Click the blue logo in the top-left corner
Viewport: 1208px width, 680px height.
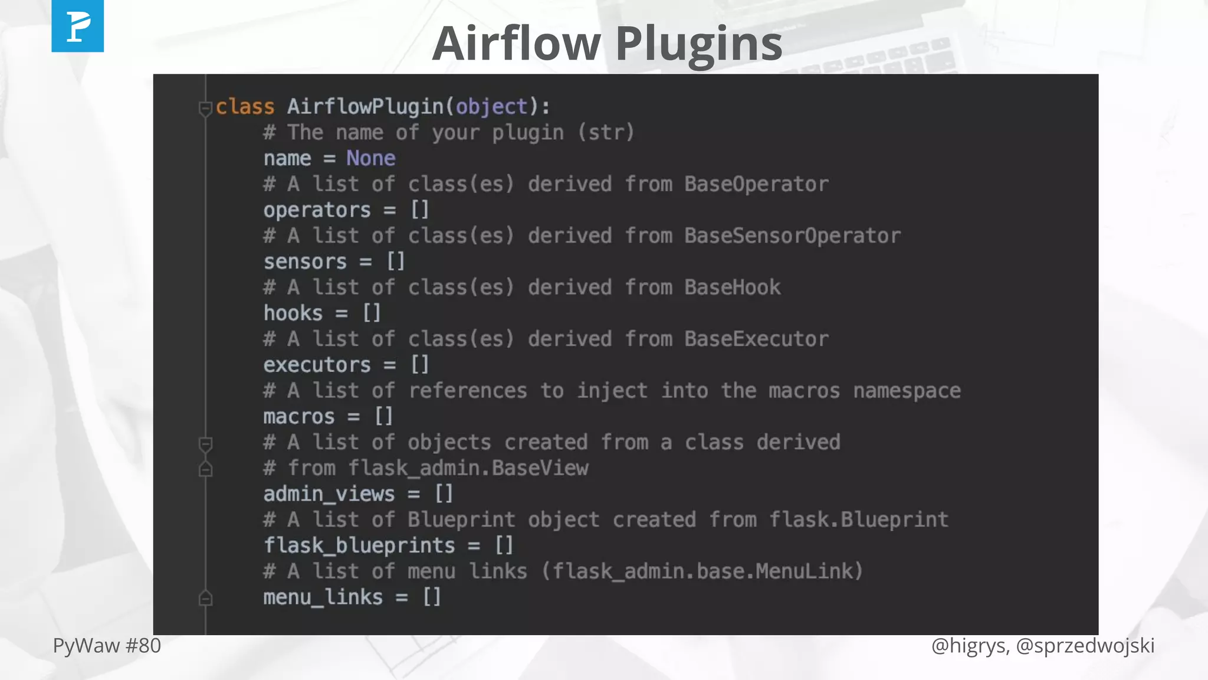click(77, 26)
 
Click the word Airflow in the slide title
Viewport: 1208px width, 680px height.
click(516, 44)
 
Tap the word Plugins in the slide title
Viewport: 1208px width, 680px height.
click(699, 44)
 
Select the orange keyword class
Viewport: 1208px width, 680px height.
click(245, 107)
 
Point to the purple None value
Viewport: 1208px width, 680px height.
click(370, 158)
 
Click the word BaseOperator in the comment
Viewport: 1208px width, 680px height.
click(756, 184)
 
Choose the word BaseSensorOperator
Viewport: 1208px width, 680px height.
click(792, 236)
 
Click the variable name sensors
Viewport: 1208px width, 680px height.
click(305, 261)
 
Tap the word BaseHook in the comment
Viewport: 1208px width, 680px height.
click(732, 287)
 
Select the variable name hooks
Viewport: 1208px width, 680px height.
click(293, 313)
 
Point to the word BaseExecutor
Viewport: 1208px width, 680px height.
click(756, 339)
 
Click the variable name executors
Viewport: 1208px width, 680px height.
click(317, 365)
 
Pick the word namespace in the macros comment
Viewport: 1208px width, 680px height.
click(907, 391)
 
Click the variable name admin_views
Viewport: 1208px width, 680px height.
click(329, 494)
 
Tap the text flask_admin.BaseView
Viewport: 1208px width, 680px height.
click(468, 468)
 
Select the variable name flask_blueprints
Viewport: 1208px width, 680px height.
click(359, 545)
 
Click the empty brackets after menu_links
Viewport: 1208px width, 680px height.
click(432, 597)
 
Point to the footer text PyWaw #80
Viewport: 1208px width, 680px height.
click(107, 646)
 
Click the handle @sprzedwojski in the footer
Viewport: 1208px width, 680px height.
click(1085, 646)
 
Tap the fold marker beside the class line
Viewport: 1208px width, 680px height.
click(205, 108)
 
